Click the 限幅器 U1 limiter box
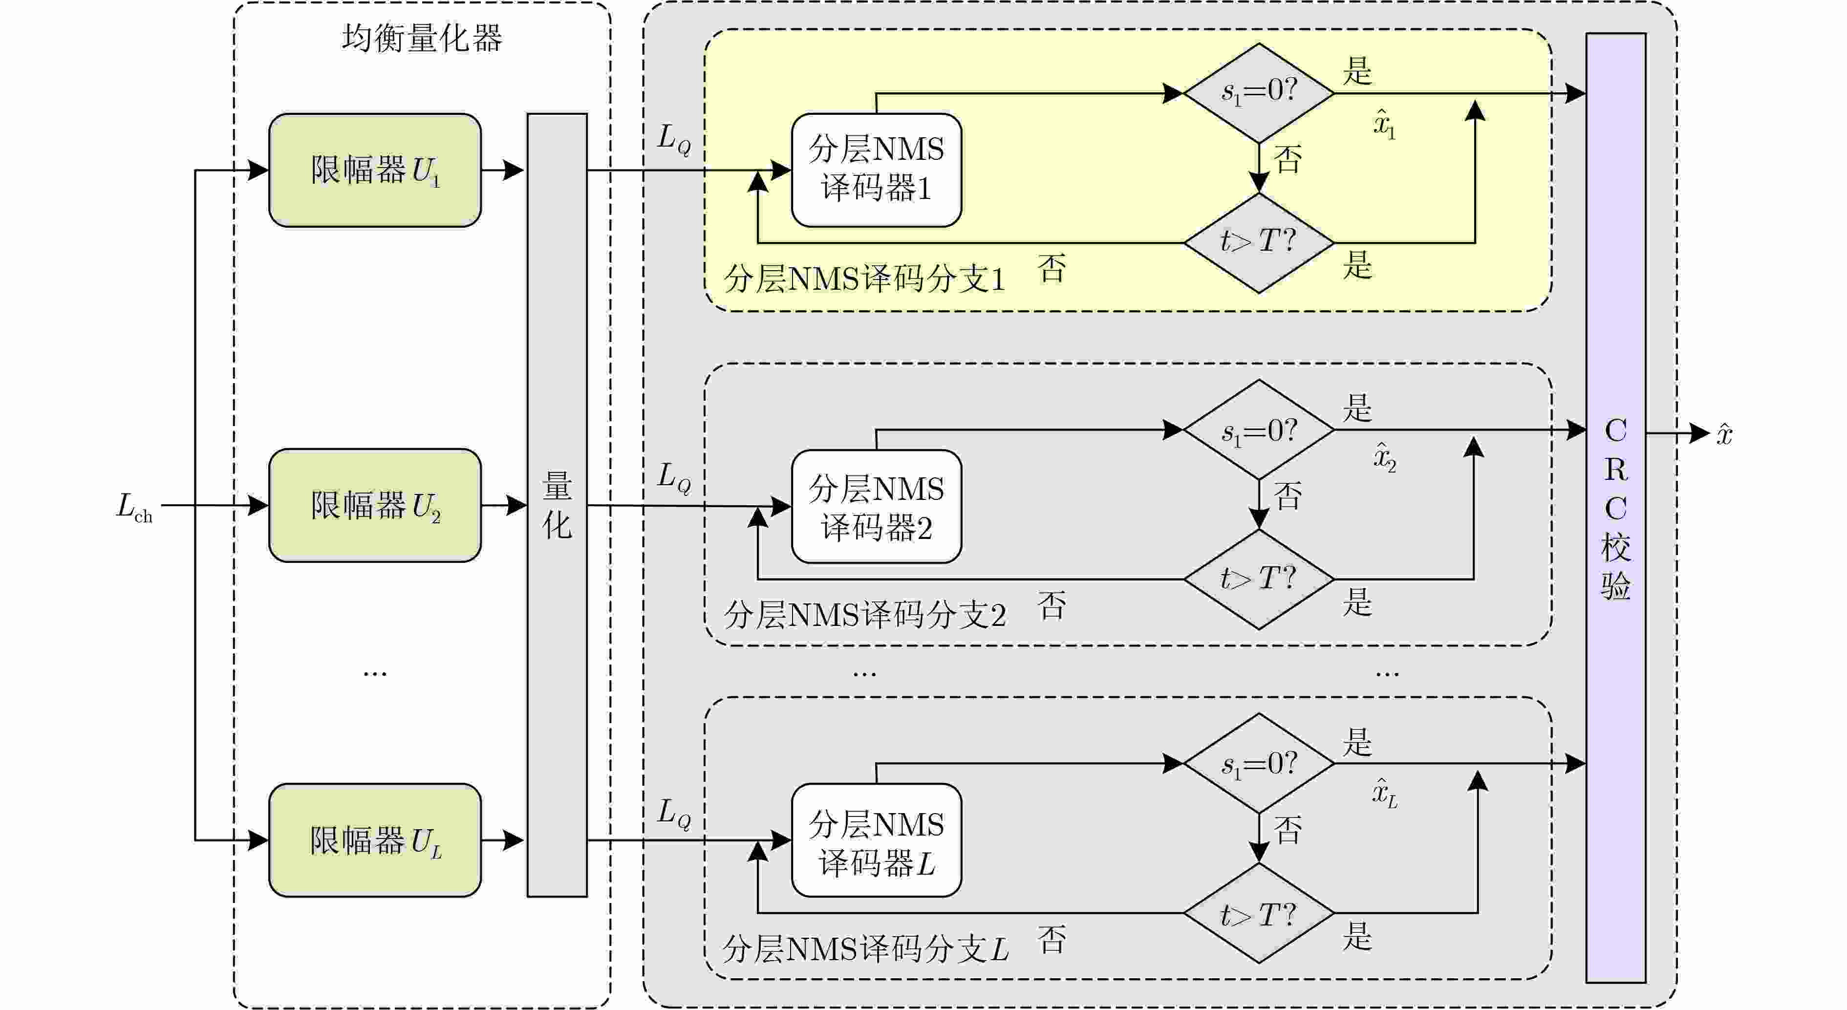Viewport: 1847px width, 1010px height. pos(374,170)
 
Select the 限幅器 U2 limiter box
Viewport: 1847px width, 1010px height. pos(374,505)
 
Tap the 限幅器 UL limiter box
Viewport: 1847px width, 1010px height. pos(374,840)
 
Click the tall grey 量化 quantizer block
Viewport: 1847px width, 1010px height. pos(557,505)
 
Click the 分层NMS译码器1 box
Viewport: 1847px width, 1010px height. pos(876,170)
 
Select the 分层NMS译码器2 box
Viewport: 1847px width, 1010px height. pos(876,507)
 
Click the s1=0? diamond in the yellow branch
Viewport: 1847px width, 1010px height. pos(1259,92)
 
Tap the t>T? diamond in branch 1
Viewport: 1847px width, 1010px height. pos(1259,242)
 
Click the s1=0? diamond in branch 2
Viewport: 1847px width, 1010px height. pos(1259,430)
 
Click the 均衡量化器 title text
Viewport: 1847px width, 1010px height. pos(422,39)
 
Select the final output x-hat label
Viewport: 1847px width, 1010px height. pos(1724,434)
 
